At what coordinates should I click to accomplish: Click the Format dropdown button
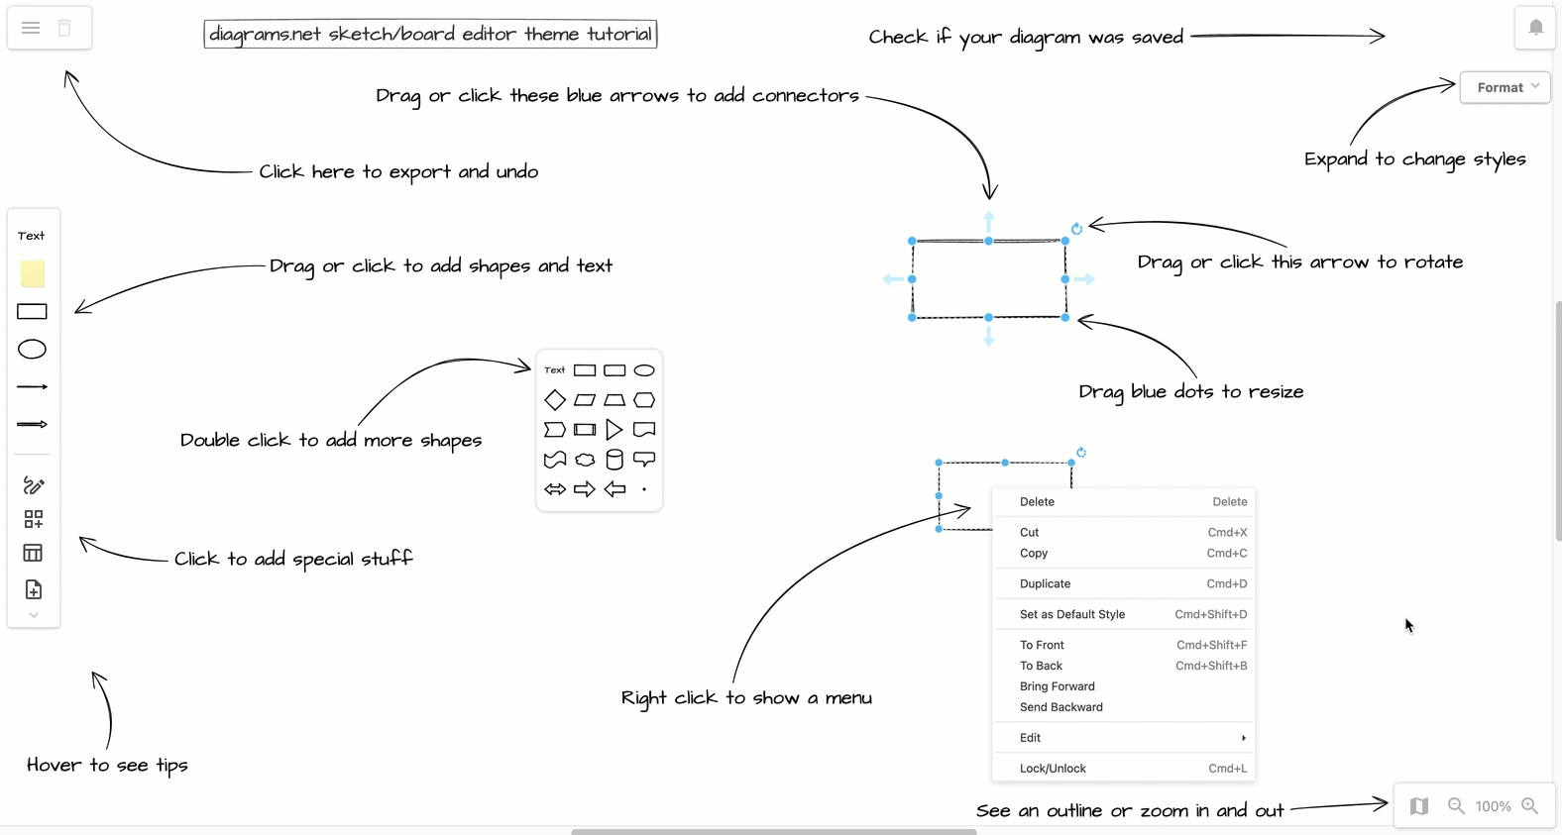1505,87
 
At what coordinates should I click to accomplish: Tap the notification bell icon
1535,28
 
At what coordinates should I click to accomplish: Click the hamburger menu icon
31,28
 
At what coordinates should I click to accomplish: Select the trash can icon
64,28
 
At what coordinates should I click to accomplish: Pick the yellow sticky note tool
33,273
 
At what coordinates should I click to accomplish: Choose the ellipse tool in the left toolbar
33,350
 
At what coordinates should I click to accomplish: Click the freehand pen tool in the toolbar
33,485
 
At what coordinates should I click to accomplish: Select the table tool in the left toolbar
33,553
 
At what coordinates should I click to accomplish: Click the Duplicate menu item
1045,584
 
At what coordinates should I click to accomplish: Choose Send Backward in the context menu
1060,707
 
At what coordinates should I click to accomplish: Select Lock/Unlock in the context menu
1053,769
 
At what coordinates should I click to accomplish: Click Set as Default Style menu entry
1071,615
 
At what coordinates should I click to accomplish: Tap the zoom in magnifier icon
1530,806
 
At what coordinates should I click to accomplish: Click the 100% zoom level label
1493,806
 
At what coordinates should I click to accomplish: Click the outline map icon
1419,806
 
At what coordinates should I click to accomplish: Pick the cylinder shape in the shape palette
614,460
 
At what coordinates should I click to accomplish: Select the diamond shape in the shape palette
555,400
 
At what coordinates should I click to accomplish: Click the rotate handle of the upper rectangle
1076,229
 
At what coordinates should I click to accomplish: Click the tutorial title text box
430,35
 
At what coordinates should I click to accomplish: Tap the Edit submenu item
1031,738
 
